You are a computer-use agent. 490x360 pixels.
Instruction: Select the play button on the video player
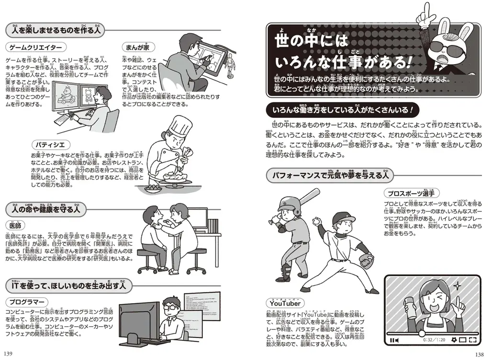393,340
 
